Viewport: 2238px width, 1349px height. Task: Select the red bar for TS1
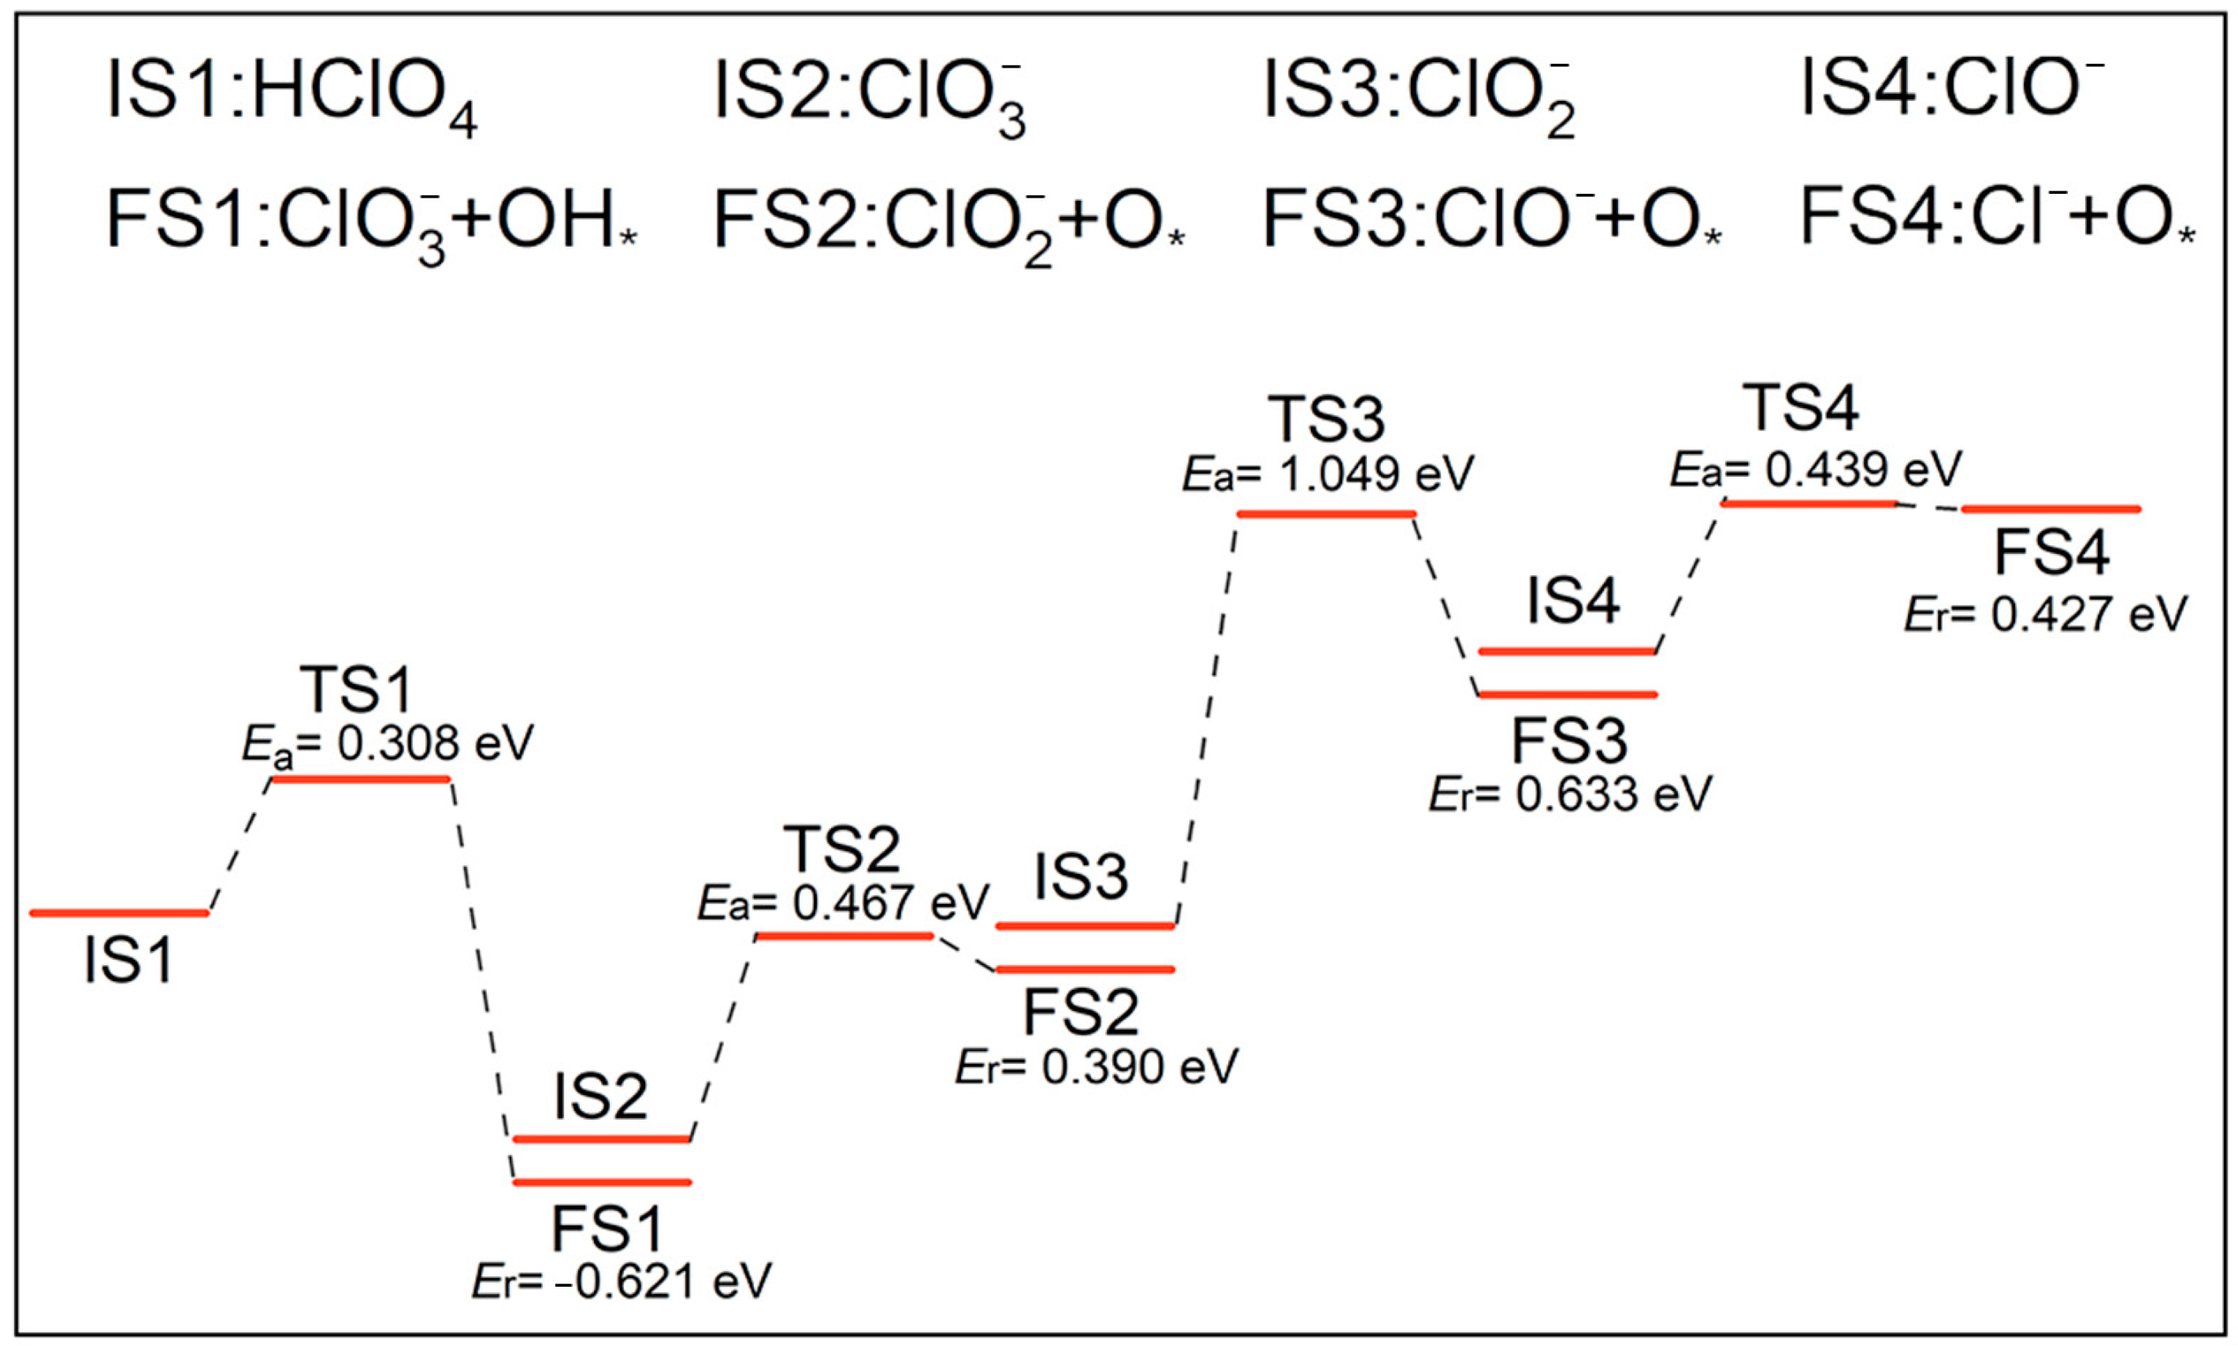tap(361, 779)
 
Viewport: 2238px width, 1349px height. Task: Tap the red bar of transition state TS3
tap(1326, 515)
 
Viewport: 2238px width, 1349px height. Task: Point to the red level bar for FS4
tap(2051, 509)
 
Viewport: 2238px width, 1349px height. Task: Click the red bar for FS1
tap(602, 1182)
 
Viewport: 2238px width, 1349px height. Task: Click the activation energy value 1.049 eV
tap(1328, 474)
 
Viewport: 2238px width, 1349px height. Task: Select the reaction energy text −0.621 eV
tap(622, 1282)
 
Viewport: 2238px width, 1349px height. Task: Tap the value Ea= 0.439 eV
tap(1816, 470)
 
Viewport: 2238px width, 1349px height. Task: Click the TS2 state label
tap(844, 851)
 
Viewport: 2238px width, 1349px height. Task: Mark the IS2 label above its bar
tap(600, 1097)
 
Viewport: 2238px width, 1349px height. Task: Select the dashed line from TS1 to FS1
tap(481, 976)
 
